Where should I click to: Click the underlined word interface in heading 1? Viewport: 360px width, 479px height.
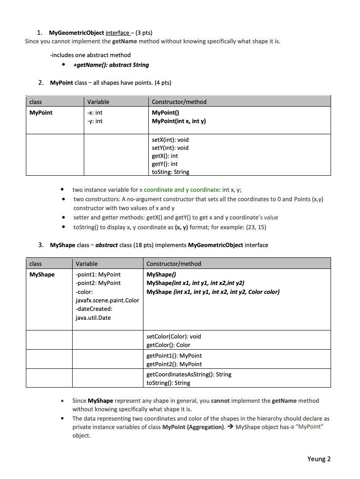(118, 33)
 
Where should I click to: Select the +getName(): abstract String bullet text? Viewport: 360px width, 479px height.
(111, 65)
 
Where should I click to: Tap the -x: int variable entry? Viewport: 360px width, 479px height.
(94, 113)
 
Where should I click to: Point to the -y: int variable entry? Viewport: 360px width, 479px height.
(94, 121)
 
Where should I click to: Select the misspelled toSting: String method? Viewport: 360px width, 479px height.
(170, 172)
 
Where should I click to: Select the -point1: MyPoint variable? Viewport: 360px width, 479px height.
(98, 274)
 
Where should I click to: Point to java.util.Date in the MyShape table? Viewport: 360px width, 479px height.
(93, 318)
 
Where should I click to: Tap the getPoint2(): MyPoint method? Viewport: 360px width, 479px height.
(174, 364)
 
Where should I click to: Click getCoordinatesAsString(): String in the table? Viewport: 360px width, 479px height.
(189, 374)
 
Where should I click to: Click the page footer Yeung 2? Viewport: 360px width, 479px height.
(319, 459)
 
